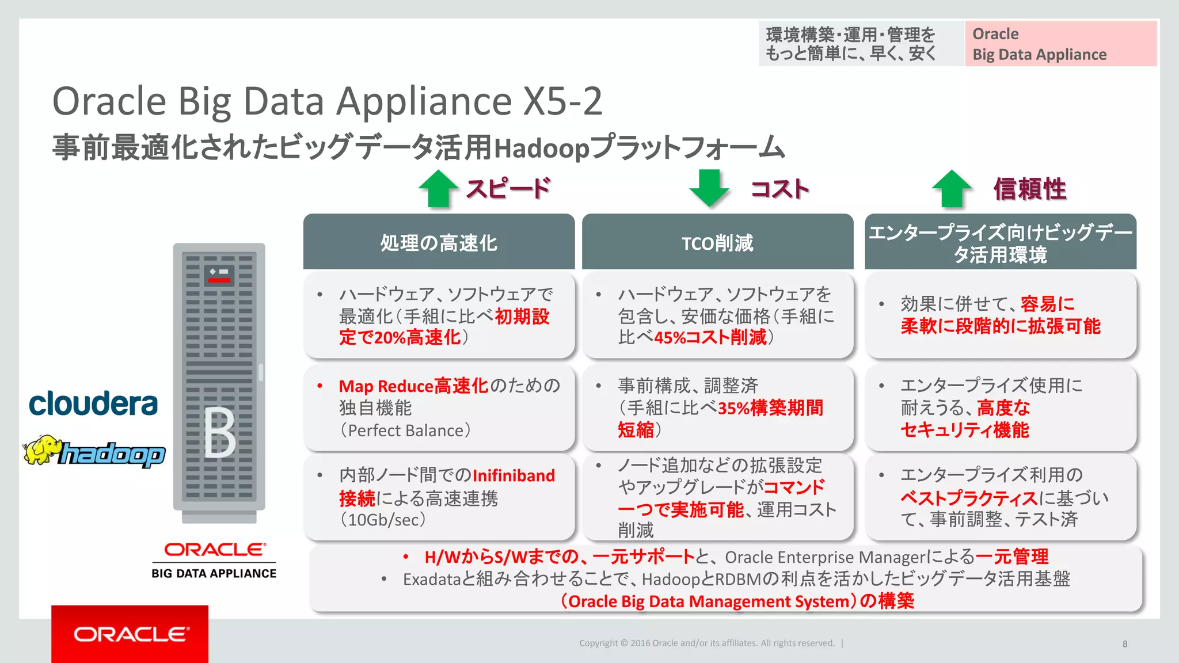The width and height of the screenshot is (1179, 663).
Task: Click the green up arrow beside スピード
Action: pos(439,188)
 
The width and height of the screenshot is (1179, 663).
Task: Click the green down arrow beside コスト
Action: pos(709,188)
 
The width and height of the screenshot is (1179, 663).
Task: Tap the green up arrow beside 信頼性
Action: pos(952,188)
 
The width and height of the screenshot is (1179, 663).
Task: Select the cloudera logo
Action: pos(93,403)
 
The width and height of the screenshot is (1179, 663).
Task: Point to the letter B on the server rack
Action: pos(219,433)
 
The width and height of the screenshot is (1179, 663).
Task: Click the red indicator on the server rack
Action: pos(219,280)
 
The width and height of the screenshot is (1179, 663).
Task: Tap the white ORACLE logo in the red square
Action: pos(131,634)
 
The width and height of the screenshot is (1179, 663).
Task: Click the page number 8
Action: pos(1125,644)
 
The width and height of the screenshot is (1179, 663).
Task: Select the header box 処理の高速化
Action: pos(439,242)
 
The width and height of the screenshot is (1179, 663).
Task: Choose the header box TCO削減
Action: pos(717,242)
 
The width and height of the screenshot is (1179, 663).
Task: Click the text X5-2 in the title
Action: pos(562,101)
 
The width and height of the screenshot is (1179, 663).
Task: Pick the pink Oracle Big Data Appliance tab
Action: pos(1060,44)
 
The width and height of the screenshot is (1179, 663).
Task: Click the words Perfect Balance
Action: pos(406,430)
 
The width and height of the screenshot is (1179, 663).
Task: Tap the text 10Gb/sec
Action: pos(383,520)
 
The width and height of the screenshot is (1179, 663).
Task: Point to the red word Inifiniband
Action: pos(514,475)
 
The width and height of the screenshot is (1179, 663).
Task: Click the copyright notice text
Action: pos(706,643)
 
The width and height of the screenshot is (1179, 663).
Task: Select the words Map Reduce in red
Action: pos(386,386)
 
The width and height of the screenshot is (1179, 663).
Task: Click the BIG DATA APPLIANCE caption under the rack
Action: pos(214,573)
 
